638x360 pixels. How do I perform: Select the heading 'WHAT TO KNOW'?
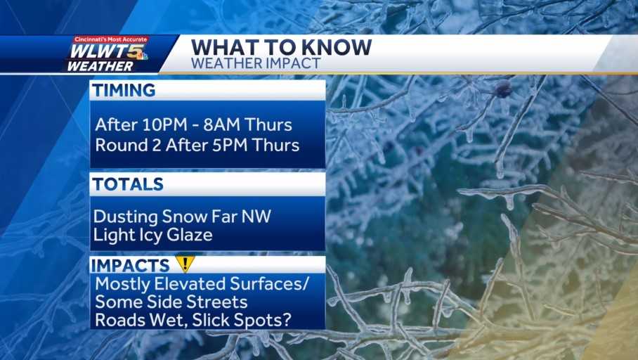281,47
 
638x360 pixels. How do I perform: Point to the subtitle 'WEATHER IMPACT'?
255,63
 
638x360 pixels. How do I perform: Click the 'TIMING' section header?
125,90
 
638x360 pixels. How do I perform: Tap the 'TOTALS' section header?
129,184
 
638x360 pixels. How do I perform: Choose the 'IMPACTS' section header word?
131,265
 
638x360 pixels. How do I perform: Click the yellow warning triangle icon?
184,264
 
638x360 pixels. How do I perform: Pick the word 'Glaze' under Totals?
190,235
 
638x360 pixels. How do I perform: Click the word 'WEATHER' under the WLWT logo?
100,66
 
